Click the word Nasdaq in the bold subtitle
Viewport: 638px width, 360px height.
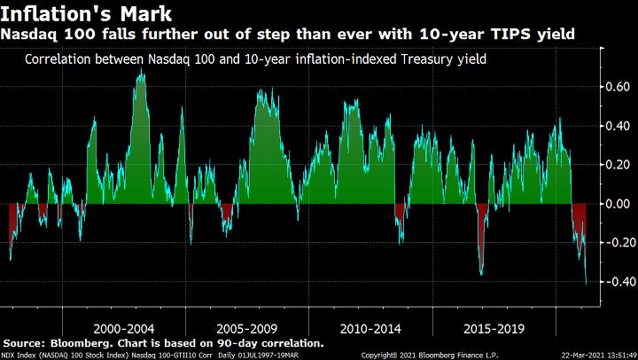pyautogui.click(x=27, y=35)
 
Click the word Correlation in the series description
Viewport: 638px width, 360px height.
pyautogui.click(x=58, y=60)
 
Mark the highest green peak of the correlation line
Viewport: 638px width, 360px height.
pyautogui.click(x=140, y=70)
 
